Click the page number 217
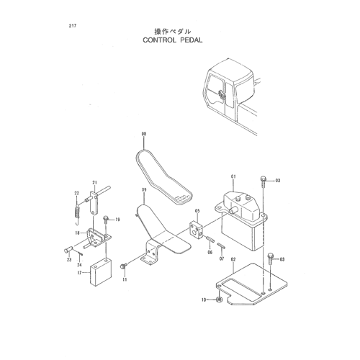73,26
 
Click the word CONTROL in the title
159,40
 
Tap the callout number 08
144,134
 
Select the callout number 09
144,190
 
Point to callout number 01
233,176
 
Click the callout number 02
233,259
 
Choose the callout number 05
197,211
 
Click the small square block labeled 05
197,229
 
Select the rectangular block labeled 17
101,272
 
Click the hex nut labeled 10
219,300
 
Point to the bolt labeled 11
124,265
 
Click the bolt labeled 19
106,220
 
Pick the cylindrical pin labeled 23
68,250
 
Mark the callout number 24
79,265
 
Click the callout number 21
94,183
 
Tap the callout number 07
222,258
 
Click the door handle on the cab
222,94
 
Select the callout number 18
77,233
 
